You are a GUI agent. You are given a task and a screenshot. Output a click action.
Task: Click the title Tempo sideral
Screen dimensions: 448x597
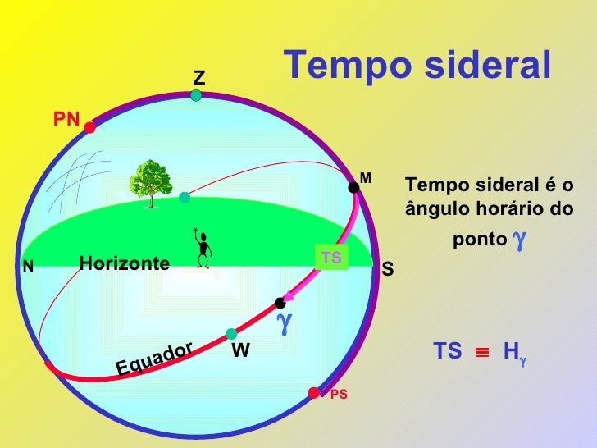point(417,66)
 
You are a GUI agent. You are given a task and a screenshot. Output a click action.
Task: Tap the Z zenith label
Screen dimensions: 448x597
point(198,79)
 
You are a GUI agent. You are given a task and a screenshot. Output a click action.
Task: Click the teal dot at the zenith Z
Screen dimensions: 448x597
point(196,96)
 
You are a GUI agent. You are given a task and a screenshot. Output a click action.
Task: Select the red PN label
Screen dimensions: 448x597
point(66,120)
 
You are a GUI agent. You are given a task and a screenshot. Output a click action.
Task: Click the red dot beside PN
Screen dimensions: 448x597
point(89,128)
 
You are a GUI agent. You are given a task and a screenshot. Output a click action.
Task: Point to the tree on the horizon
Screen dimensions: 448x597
point(150,181)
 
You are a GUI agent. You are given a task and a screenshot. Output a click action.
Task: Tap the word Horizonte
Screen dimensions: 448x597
point(124,263)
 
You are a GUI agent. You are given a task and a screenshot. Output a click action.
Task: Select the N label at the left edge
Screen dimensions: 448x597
point(28,267)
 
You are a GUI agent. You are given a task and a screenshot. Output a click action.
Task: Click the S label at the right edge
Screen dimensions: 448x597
point(388,269)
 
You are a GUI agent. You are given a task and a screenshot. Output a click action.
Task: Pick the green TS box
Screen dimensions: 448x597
point(331,258)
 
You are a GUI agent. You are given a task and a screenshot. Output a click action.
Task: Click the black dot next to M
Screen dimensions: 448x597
point(353,188)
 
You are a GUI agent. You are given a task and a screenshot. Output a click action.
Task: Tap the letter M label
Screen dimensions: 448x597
point(366,178)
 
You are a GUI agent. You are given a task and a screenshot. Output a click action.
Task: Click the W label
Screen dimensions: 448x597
point(240,351)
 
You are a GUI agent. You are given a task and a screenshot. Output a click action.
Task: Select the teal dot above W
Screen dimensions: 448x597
point(232,334)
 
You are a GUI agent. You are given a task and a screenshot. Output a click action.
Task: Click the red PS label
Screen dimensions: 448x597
point(339,395)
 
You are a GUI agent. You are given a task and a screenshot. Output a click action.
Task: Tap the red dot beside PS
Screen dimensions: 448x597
point(313,392)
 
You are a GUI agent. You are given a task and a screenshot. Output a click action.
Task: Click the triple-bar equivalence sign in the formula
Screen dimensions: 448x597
point(482,353)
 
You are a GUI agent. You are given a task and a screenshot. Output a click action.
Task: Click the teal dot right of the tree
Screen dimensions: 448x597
point(185,197)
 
